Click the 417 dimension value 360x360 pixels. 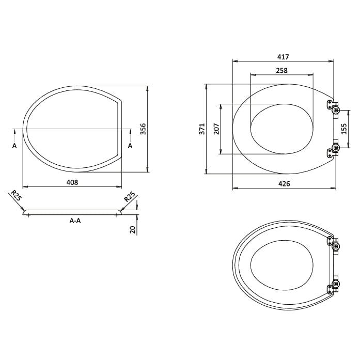[283, 57]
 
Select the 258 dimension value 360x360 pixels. [281, 70]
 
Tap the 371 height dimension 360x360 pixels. [202, 129]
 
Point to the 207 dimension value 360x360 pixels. [216, 129]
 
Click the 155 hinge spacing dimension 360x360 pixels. [344, 129]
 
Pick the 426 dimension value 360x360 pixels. [284, 184]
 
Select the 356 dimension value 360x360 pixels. [144, 129]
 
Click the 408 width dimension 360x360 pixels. [72, 182]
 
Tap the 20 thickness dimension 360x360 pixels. [133, 229]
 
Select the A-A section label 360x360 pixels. [75, 221]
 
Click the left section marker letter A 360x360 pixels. [14, 146]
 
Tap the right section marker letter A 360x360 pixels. [130, 146]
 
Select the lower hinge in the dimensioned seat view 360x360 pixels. [333, 150]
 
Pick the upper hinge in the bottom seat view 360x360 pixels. [334, 243]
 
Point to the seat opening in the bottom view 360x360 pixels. [281, 265]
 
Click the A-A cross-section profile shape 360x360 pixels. [72, 212]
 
